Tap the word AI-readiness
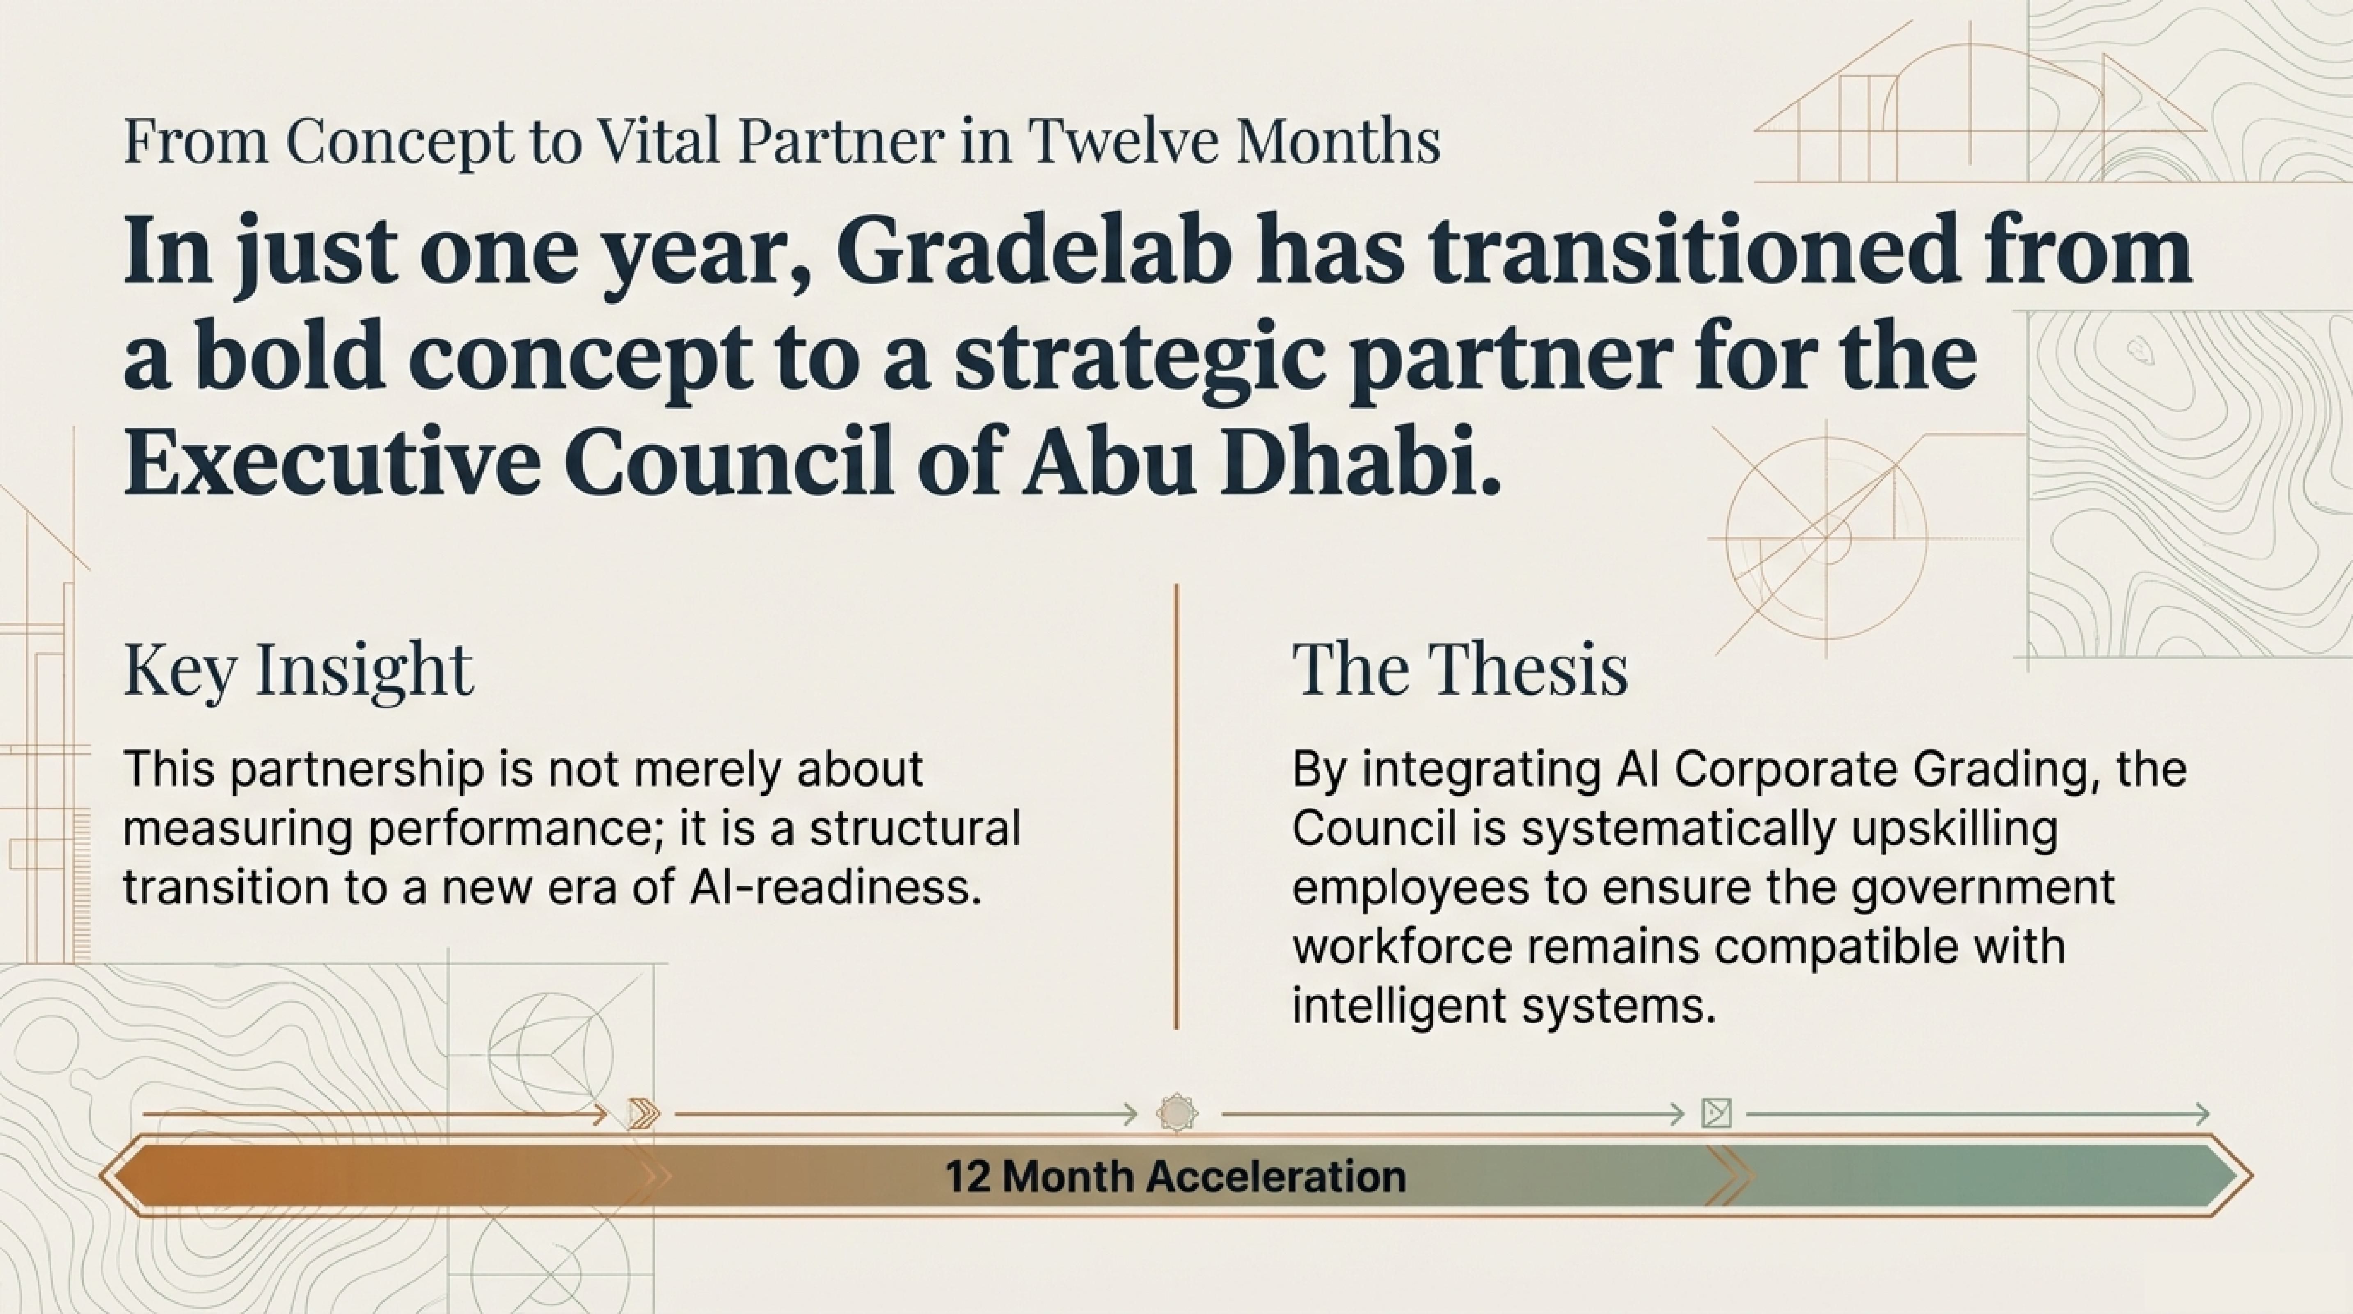click(828, 888)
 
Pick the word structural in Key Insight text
click(915, 829)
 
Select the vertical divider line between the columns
click(1176, 807)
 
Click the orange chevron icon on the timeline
click(644, 1114)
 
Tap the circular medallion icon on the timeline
click(1176, 1114)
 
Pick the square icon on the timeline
click(1717, 1114)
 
